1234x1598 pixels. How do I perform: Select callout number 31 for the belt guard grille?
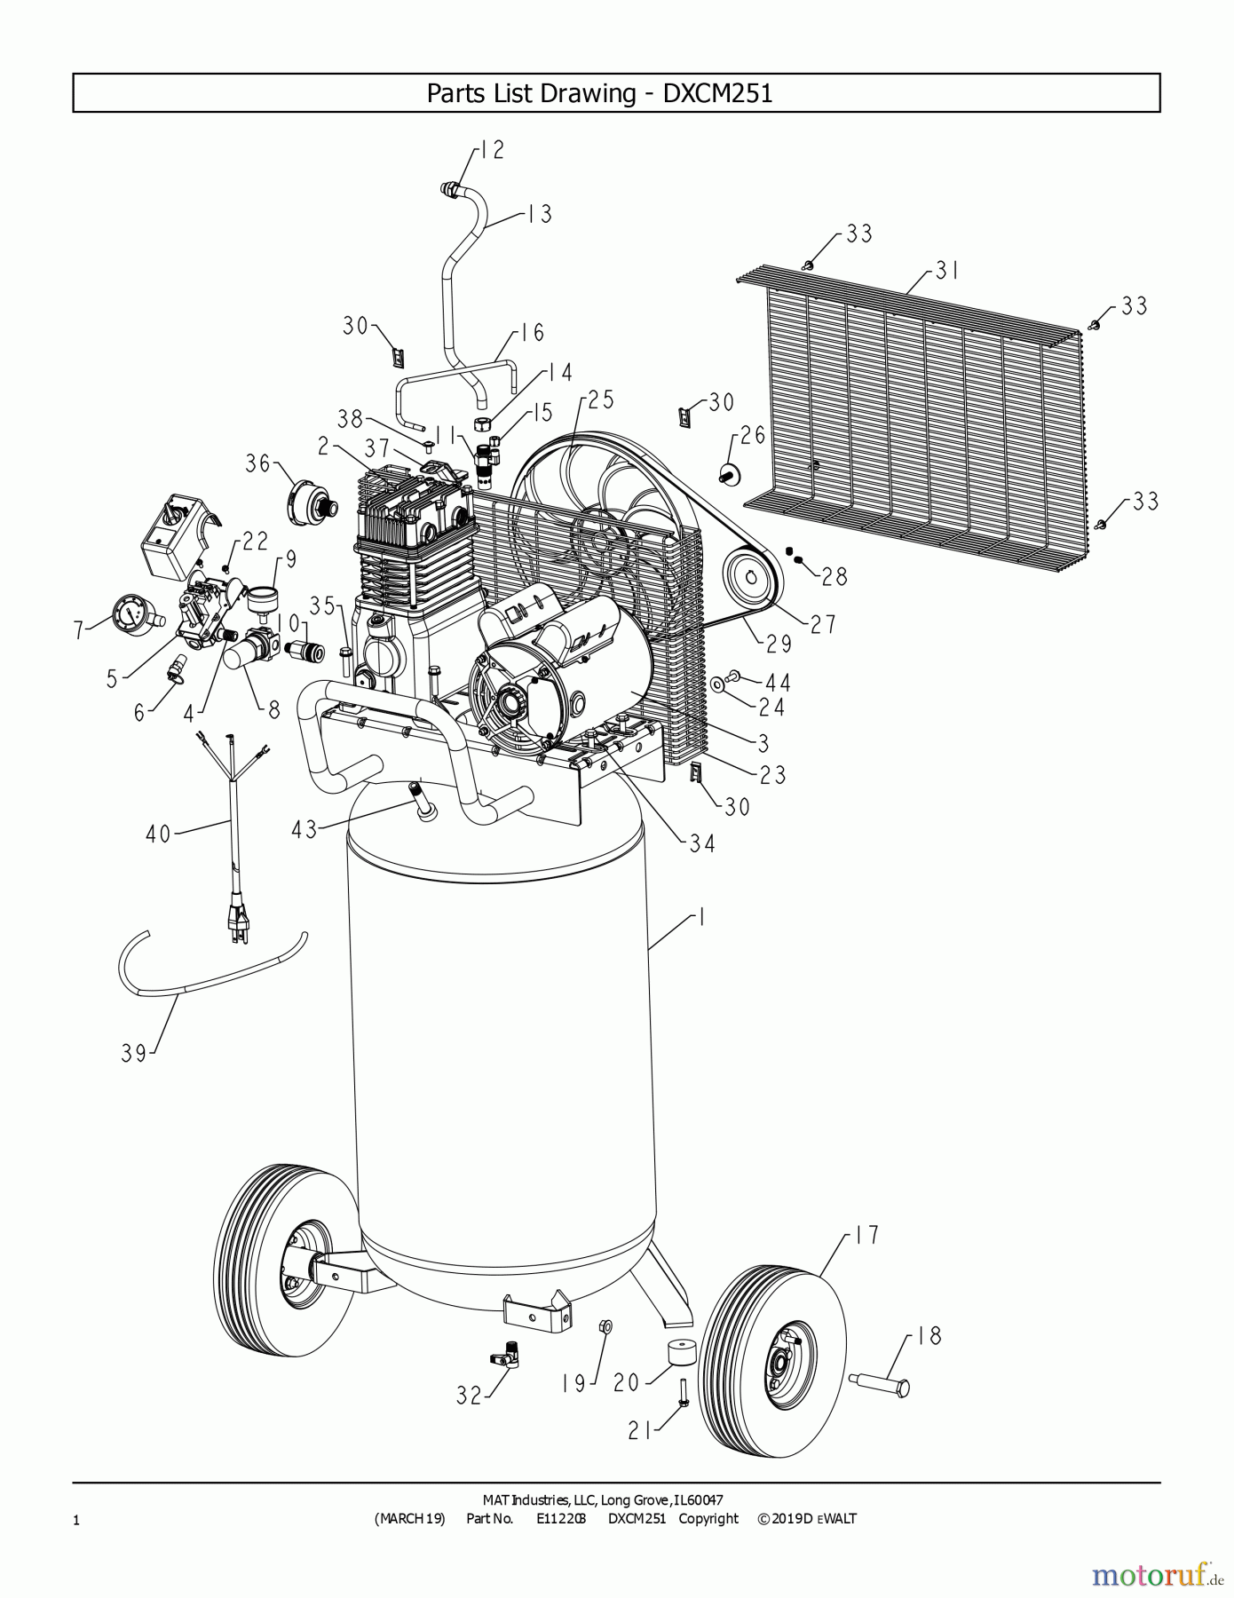click(947, 270)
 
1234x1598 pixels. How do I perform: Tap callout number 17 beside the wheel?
click(866, 1235)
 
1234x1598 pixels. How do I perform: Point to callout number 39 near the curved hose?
click(134, 1054)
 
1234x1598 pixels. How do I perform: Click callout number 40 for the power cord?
click(158, 835)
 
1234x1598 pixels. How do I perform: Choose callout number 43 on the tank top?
click(305, 830)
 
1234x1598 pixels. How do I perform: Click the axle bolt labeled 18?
click(879, 1384)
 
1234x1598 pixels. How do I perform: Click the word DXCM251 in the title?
click(717, 93)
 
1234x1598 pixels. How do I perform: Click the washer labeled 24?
click(717, 684)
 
